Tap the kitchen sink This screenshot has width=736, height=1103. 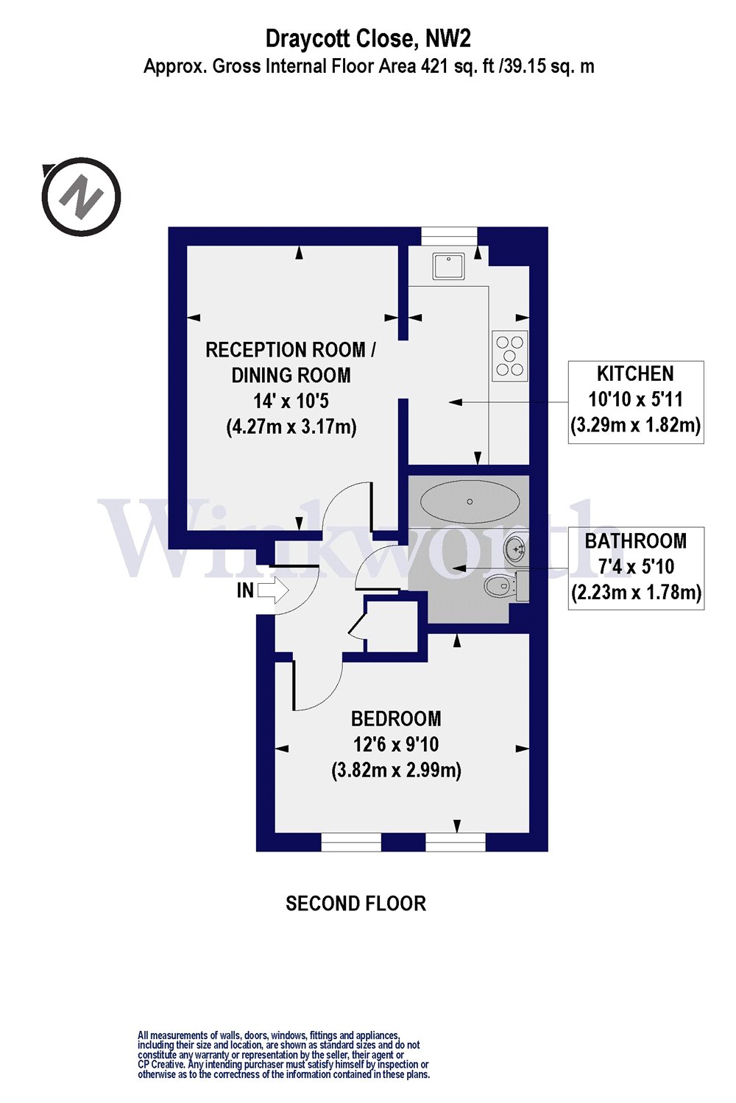[449, 266]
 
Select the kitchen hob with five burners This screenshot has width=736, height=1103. [510, 355]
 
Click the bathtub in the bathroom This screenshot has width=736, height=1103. [470, 501]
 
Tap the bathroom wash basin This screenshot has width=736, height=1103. [516, 547]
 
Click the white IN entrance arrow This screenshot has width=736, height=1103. [273, 590]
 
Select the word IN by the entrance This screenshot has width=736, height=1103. [245, 590]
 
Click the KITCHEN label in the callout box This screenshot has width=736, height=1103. [635, 374]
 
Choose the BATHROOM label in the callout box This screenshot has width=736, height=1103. [635, 540]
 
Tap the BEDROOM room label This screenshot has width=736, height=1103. [396, 719]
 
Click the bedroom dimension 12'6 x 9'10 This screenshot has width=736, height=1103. [396, 744]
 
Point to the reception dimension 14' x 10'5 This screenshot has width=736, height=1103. [291, 401]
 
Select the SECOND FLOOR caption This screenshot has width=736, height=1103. [356, 904]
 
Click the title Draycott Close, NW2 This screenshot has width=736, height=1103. [368, 39]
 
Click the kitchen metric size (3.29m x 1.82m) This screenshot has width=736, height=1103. [635, 424]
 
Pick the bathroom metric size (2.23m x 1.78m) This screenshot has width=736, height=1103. [636, 592]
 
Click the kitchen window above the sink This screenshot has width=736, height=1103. [450, 236]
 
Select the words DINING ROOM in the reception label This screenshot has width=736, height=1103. [291, 375]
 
